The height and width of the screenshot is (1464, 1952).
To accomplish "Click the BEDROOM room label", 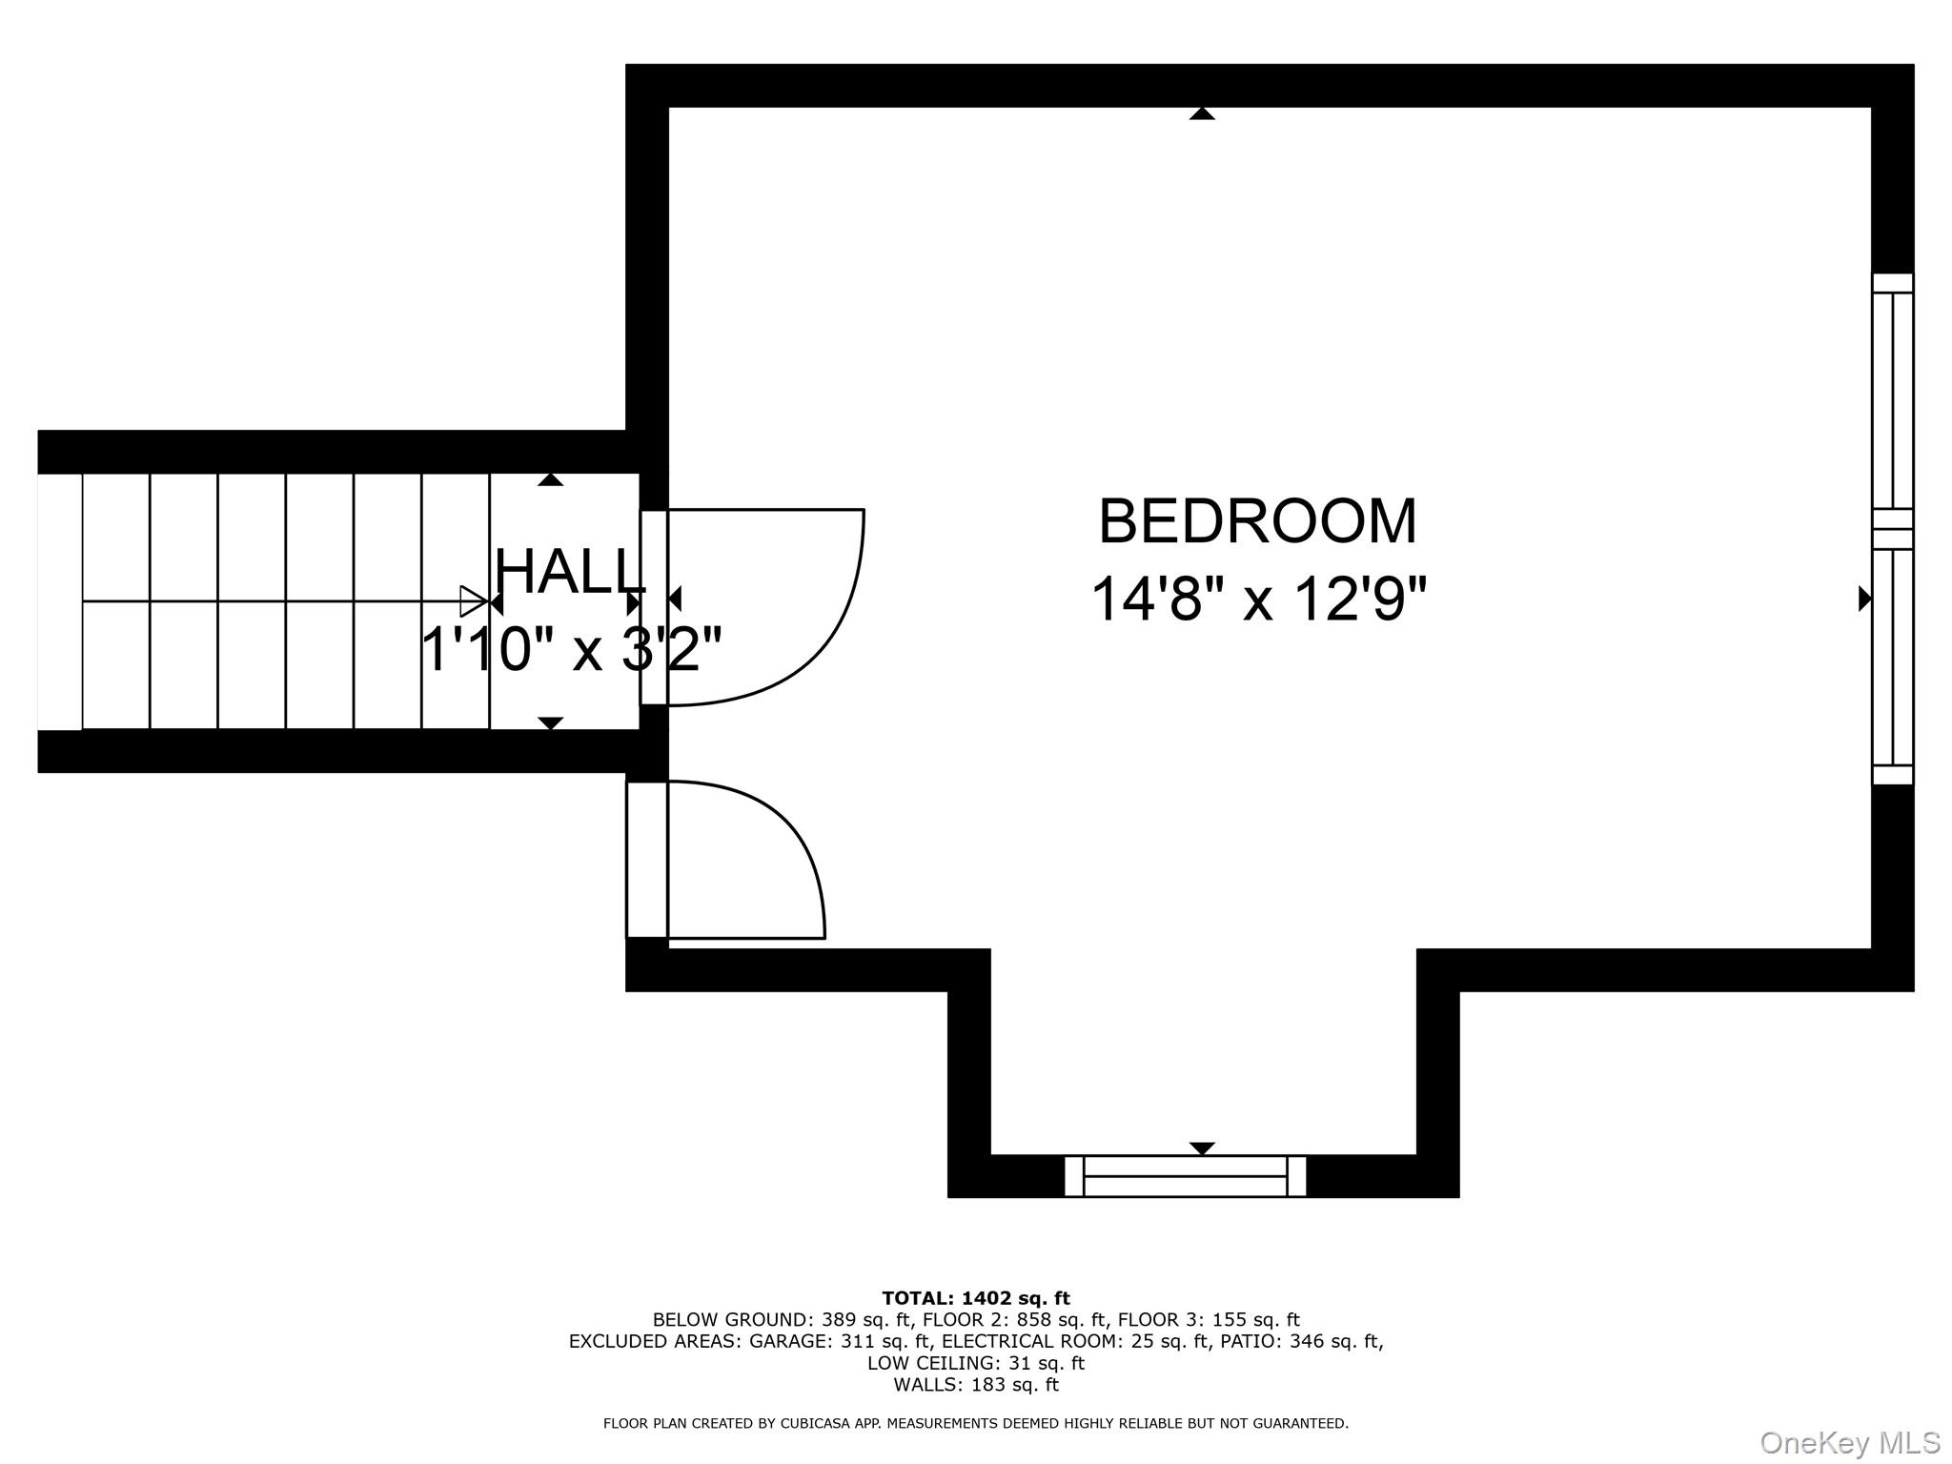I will [x=1257, y=521].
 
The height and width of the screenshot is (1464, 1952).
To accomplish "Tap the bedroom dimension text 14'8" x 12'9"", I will [x=1257, y=599].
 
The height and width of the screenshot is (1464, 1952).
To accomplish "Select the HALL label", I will [x=570, y=572].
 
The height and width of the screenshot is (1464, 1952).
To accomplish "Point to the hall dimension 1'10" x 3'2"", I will [x=570, y=650].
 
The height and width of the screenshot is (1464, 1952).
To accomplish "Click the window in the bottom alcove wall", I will [x=1185, y=1176].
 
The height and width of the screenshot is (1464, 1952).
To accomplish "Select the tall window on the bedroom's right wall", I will [x=1892, y=529].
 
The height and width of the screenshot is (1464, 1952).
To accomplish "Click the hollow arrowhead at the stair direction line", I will [x=473, y=601].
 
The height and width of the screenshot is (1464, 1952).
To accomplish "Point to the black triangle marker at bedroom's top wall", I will [x=1202, y=113].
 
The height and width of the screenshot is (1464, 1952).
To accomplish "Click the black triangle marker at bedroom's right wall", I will [x=1865, y=599].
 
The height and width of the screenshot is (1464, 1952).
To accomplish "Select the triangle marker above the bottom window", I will [x=1202, y=1148].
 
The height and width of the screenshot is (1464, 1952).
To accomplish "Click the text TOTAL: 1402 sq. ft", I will [x=975, y=1298].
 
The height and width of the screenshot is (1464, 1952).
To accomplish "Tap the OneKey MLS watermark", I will [x=1850, y=1443].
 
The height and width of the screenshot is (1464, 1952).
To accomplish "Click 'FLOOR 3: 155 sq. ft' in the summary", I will [x=1208, y=1320].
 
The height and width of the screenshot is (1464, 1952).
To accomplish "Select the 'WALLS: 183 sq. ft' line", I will [x=975, y=1385].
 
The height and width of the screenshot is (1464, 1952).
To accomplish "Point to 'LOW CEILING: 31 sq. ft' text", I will [x=975, y=1363].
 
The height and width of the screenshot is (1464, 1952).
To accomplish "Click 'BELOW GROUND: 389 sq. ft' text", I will [x=782, y=1320].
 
